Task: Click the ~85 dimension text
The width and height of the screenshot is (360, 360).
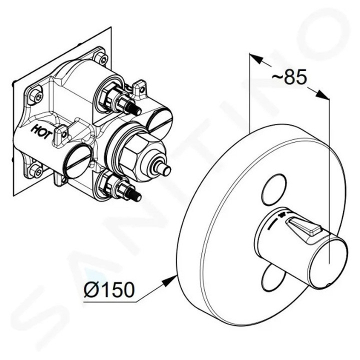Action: (x=289, y=77)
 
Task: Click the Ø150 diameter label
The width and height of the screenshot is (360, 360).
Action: (x=108, y=289)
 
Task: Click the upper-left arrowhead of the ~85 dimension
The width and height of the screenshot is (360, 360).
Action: (x=256, y=59)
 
